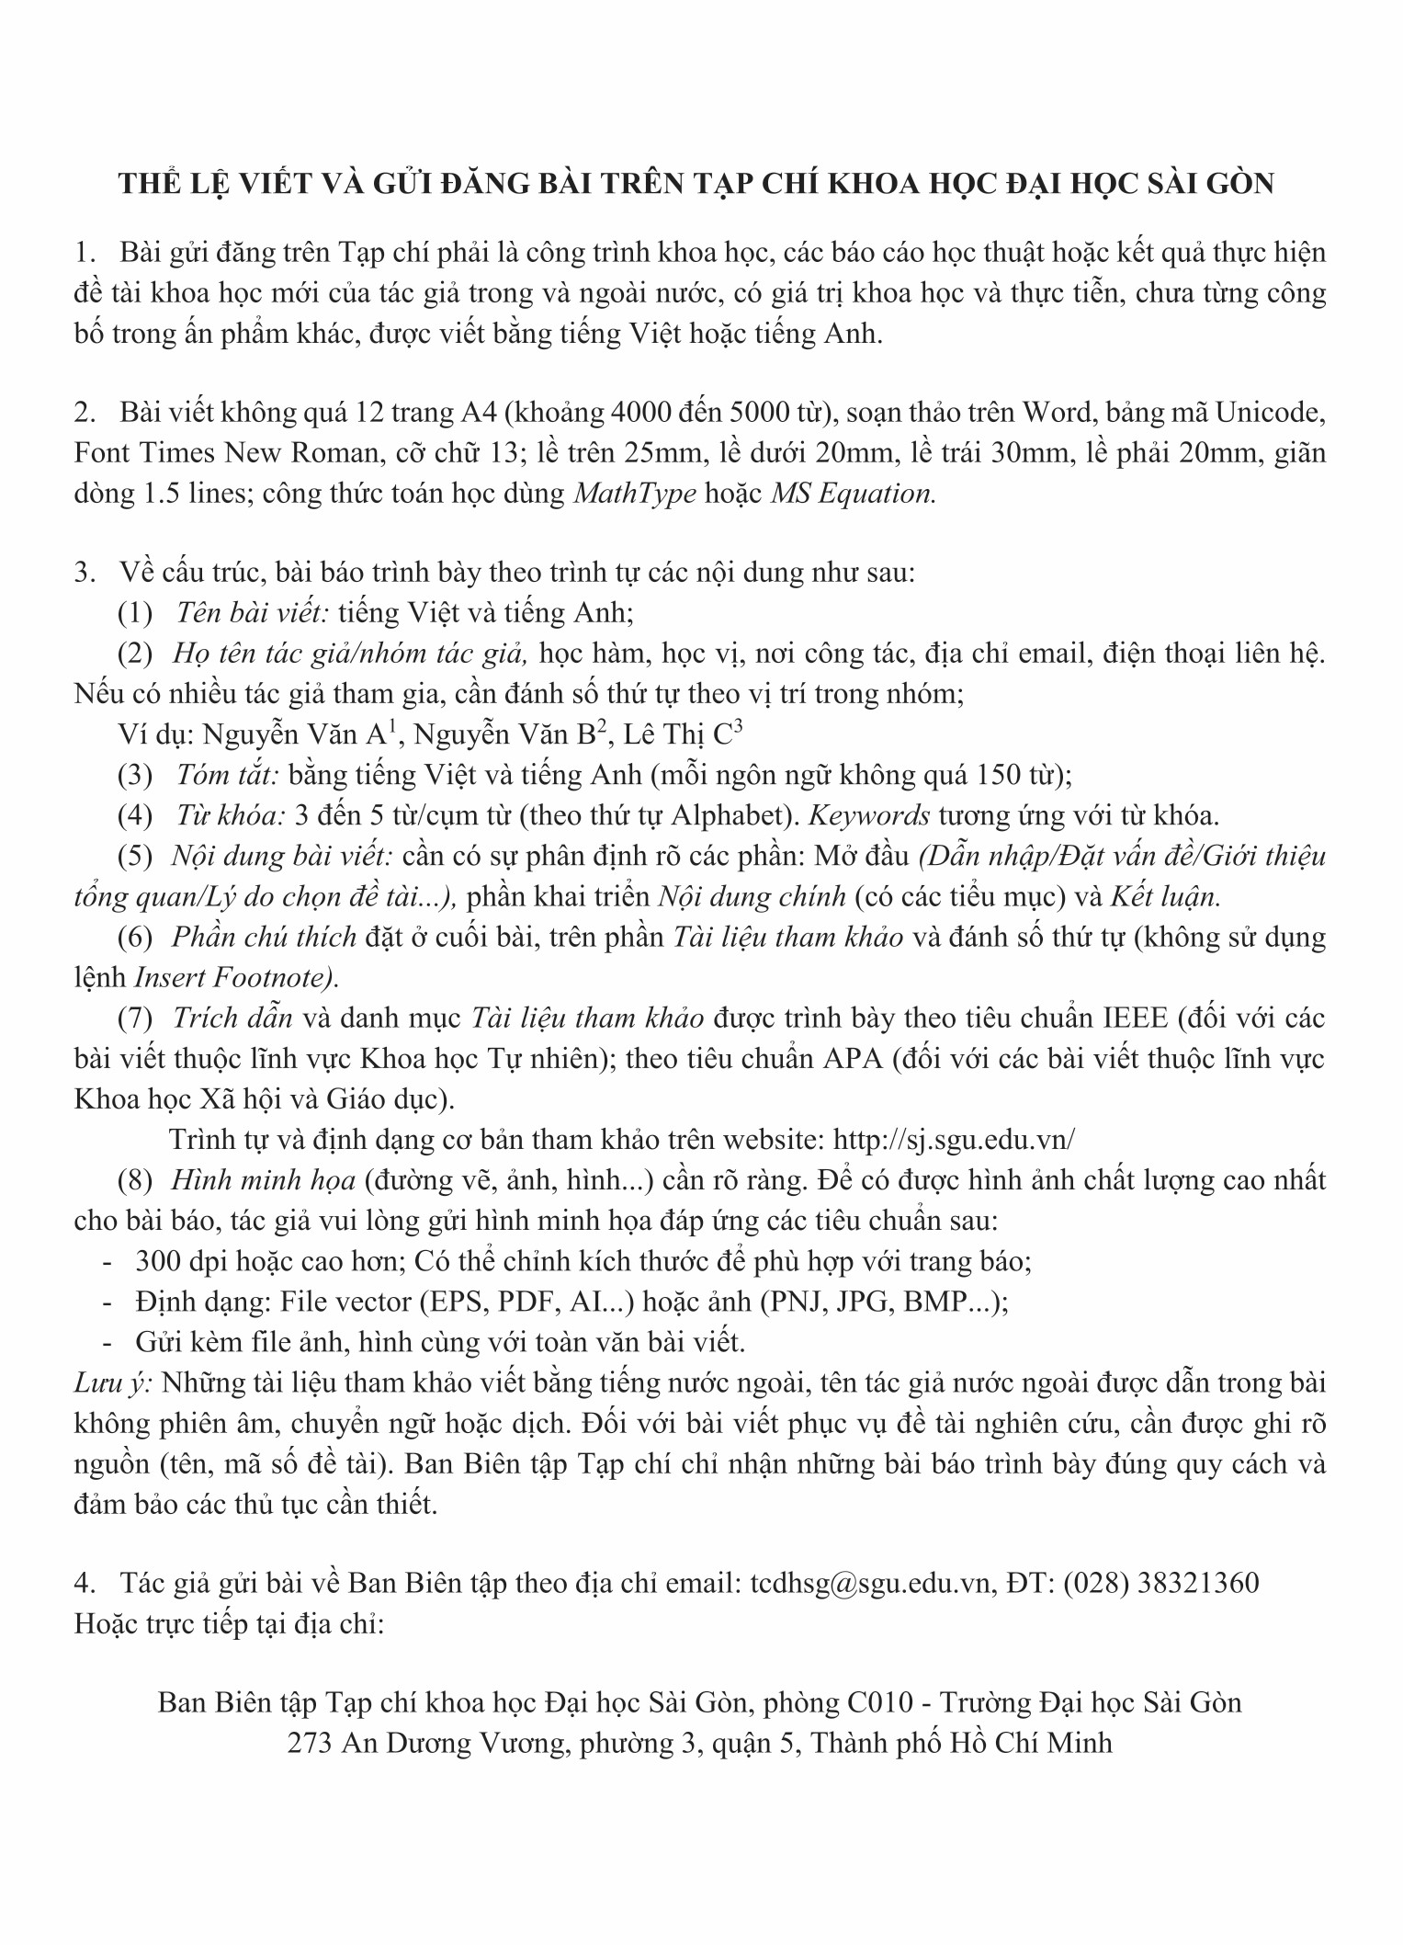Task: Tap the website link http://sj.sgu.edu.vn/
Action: (953, 1139)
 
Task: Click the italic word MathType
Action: (634, 494)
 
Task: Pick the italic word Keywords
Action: (868, 815)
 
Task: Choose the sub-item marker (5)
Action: (135, 856)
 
